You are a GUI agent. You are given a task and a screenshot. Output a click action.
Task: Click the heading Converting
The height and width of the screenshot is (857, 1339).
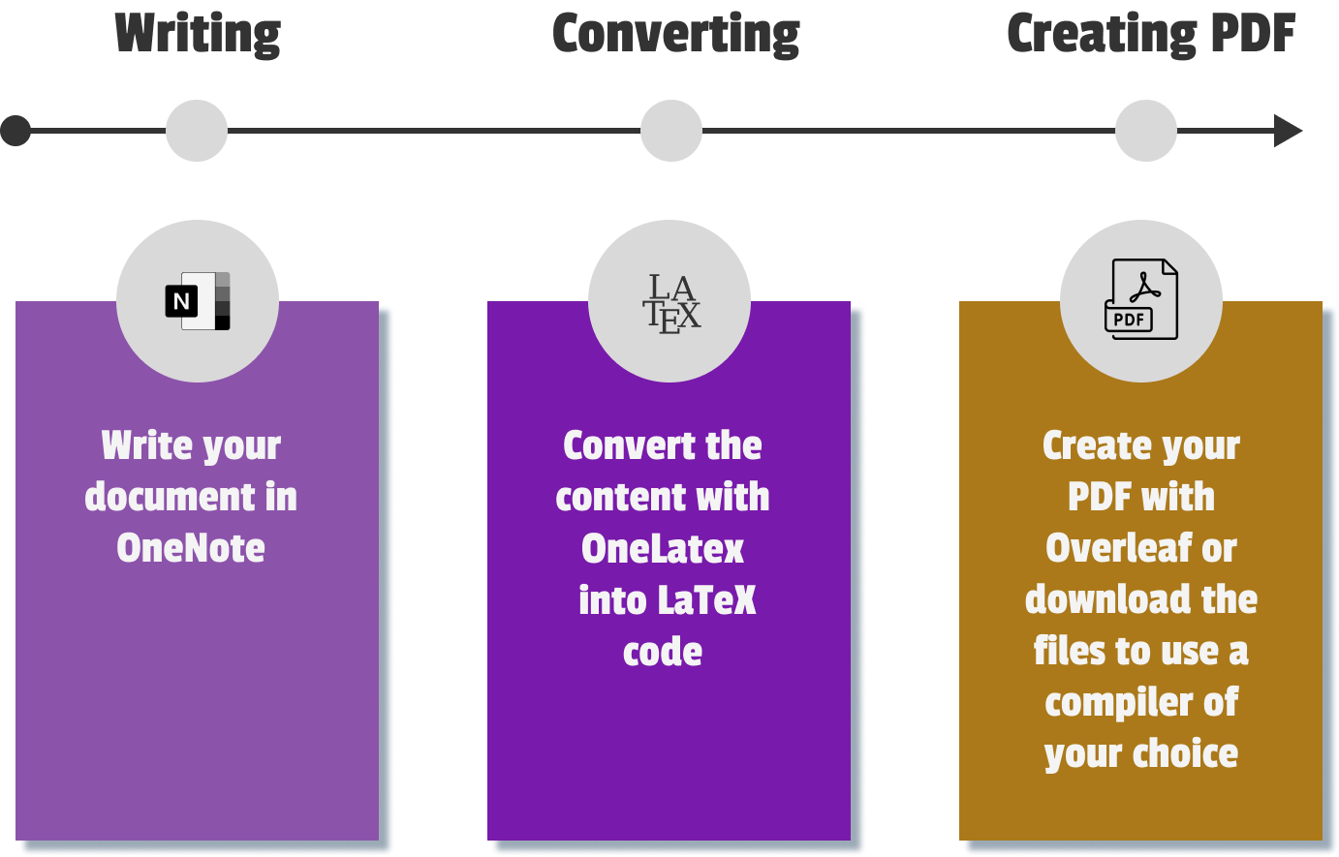(x=675, y=35)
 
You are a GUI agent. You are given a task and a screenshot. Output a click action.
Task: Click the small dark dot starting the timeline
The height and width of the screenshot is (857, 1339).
(x=16, y=131)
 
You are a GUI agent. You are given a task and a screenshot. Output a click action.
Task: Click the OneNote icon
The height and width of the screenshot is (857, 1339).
(x=198, y=301)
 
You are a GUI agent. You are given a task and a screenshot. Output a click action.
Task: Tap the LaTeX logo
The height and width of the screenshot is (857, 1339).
(x=670, y=303)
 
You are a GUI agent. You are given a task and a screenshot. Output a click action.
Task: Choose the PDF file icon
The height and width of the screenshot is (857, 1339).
(x=1142, y=300)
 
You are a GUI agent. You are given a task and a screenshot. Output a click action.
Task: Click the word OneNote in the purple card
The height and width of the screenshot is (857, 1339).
(x=191, y=548)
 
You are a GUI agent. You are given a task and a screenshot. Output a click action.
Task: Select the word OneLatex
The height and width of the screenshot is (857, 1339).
(x=663, y=549)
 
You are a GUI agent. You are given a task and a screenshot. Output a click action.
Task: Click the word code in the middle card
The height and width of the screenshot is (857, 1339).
(x=663, y=652)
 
